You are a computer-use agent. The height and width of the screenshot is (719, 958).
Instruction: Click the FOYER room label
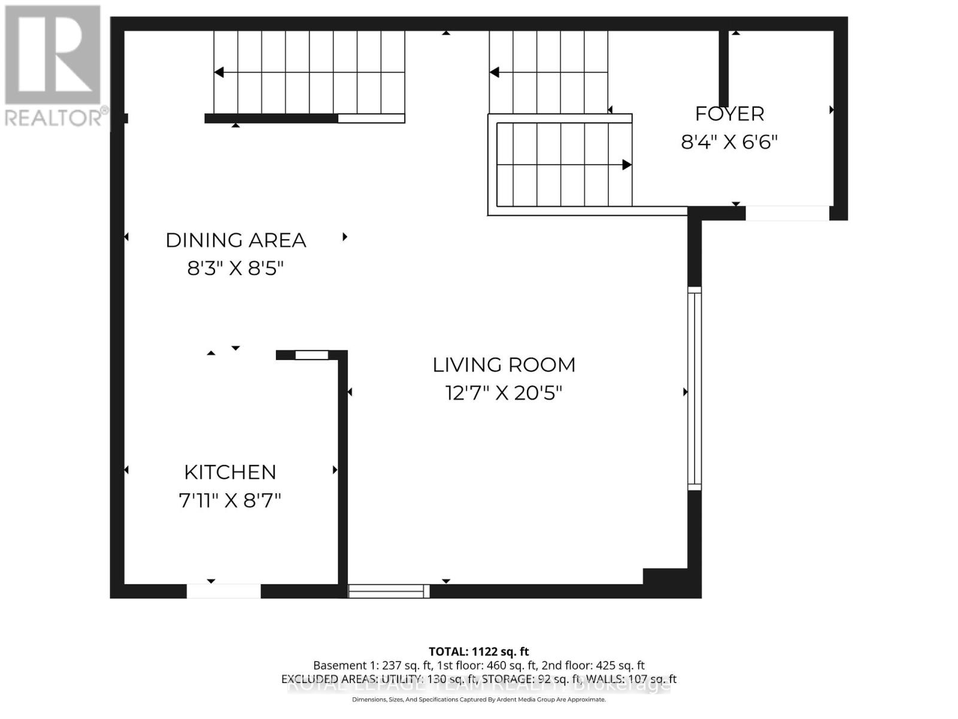click(x=729, y=114)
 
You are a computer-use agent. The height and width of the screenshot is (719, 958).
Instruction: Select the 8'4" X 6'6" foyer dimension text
click(x=729, y=143)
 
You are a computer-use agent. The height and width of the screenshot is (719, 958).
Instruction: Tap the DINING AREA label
click(x=235, y=240)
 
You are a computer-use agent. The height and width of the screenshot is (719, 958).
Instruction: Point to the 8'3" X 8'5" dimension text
click(x=235, y=268)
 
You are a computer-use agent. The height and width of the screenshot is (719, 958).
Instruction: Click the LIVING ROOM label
click(x=504, y=365)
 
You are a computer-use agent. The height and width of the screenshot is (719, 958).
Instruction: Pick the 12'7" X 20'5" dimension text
click(x=504, y=394)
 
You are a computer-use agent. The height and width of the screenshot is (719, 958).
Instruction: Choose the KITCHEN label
click(x=230, y=472)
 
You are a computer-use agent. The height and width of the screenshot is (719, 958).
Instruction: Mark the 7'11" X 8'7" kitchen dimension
click(x=230, y=500)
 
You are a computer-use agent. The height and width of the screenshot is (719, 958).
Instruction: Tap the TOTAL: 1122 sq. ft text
click(x=478, y=652)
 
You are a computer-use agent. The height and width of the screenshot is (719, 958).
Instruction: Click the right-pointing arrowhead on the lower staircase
click(x=627, y=165)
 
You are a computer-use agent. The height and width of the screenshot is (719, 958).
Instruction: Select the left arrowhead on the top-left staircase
click(x=219, y=72)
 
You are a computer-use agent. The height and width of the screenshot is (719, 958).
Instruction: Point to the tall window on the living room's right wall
click(x=694, y=388)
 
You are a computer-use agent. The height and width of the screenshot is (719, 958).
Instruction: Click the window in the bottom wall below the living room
click(x=389, y=591)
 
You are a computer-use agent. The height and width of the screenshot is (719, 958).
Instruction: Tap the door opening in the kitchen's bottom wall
click(x=223, y=591)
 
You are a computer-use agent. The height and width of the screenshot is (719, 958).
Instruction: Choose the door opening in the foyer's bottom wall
click(x=787, y=213)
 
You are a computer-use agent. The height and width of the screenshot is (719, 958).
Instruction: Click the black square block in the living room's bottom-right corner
click(x=665, y=576)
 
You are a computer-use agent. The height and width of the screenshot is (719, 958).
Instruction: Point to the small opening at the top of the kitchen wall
click(x=312, y=355)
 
